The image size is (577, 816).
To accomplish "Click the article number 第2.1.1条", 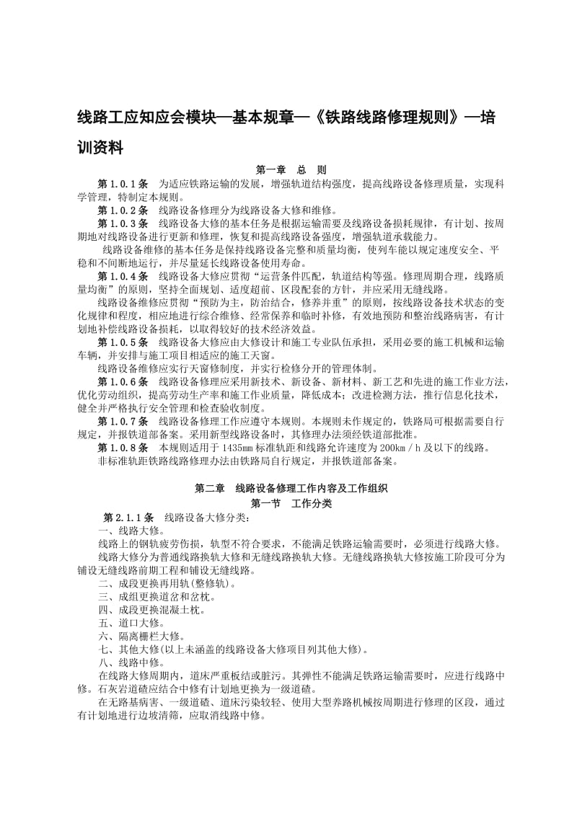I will pyautogui.click(x=129, y=517).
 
